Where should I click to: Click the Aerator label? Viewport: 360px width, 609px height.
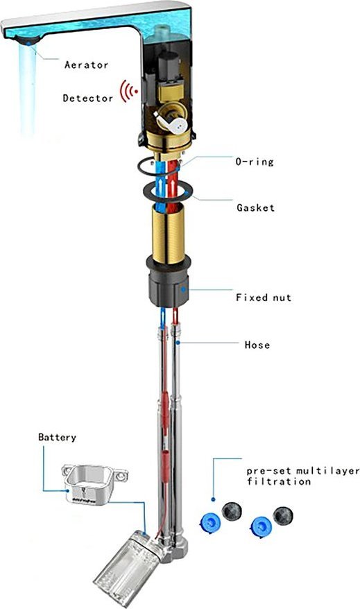[x=86, y=65]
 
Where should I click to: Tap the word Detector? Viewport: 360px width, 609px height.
[x=88, y=98]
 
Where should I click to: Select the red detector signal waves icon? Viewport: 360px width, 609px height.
[x=128, y=92]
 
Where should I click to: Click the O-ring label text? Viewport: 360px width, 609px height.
[x=255, y=162]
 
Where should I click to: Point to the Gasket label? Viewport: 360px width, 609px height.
[x=255, y=207]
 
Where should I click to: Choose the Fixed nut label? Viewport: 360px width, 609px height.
[x=264, y=298]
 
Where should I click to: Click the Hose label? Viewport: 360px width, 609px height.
[x=257, y=345]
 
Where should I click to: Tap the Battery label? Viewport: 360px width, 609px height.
[x=57, y=438]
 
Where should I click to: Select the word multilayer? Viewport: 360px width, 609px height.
[x=328, y=471]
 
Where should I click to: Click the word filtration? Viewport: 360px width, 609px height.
[x=279, y=481]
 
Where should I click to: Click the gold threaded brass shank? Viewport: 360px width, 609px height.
[x=169, y=233]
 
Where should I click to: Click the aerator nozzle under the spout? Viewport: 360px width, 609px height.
[x=26, y=40]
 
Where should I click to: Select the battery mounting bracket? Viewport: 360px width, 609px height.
[x=94, y=484]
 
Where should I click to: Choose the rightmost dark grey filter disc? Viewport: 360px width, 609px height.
[x=283, y=516]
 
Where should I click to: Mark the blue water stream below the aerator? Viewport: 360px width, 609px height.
[x=28, y=89]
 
